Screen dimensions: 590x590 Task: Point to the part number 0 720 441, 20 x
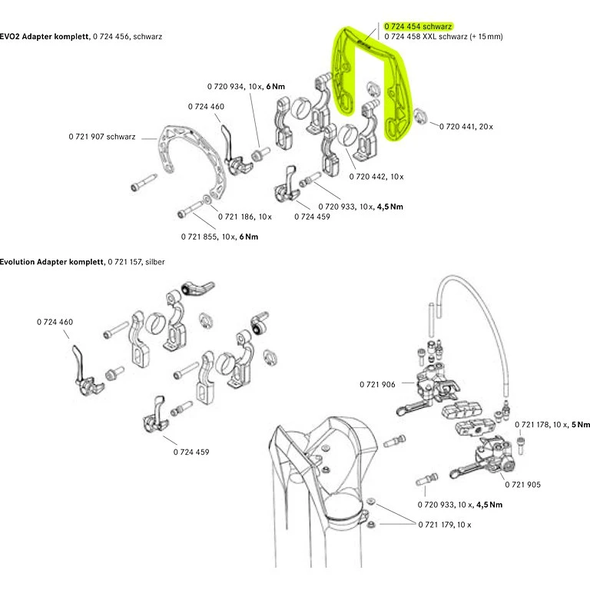point(466,125)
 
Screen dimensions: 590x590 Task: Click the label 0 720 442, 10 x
point(376,177)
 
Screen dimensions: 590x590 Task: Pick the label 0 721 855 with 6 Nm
point(220,237)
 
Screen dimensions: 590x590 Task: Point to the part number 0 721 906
point(376,384)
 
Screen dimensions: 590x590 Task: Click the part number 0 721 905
point(523,485)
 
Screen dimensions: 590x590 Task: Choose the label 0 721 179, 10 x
point(444,525)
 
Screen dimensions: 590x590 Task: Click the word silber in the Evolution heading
point(154,262)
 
